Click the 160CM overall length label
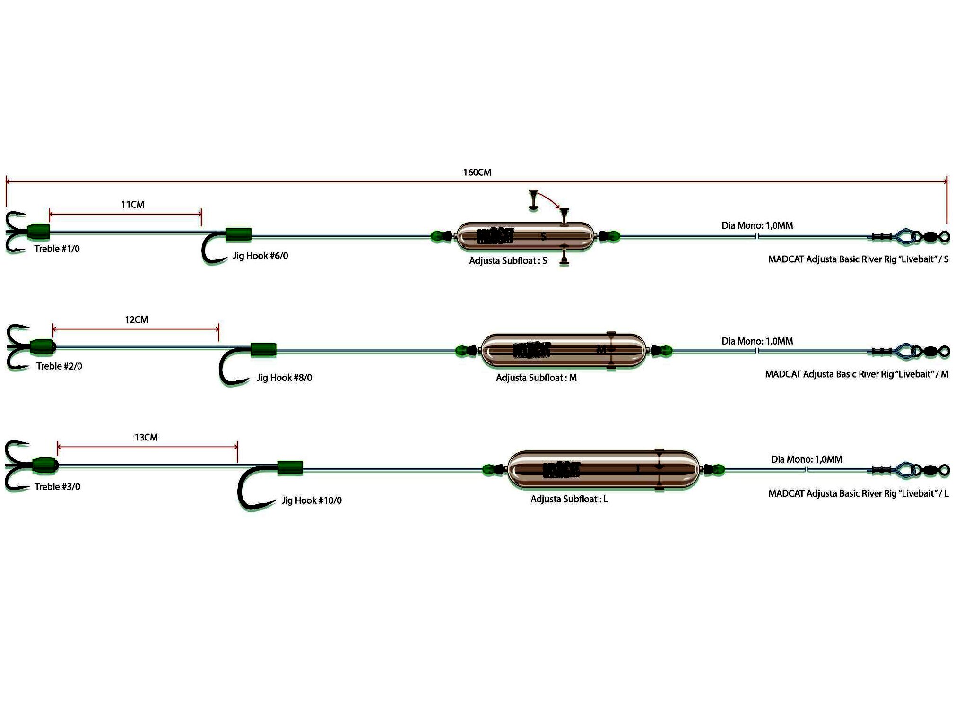477,173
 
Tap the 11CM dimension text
133,205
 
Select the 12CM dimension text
137,320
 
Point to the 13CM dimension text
146,438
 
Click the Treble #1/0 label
57,249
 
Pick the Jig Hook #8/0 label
284,378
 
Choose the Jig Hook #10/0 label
312,500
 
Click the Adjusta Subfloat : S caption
508,261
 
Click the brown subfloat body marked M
563,351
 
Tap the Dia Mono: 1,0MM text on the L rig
807,459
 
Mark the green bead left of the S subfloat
437,236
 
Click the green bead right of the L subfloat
717,470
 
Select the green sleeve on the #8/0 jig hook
263,350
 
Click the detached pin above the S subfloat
534,199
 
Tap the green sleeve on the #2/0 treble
42,346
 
